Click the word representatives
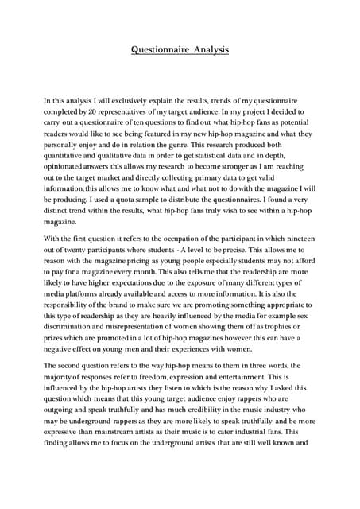point(131,114)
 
